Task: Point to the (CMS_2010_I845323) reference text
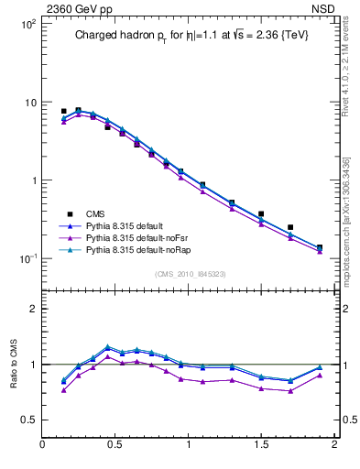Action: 188,274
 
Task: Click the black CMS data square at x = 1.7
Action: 290,227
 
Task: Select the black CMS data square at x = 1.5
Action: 261,213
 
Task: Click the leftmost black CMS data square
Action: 63,111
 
